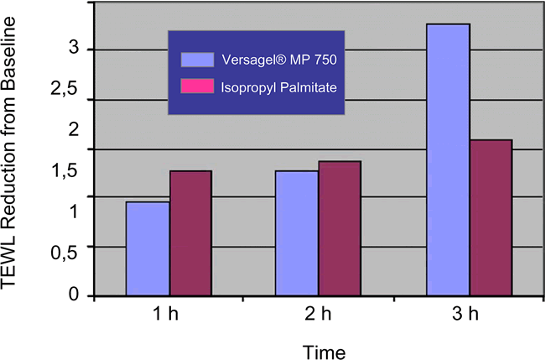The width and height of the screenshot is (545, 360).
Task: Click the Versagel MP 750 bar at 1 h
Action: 148,248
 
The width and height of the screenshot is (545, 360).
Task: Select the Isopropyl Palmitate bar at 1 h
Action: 191,233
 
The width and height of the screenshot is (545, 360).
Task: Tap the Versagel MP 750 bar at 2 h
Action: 297,233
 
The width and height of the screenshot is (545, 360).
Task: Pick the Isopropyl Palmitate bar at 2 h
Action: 340,228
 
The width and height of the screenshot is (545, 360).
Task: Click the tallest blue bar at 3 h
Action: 449,159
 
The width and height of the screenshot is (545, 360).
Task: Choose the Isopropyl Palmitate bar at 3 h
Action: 490,217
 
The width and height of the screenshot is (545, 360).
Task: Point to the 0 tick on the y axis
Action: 73,295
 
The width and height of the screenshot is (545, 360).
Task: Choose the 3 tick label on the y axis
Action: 73,49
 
